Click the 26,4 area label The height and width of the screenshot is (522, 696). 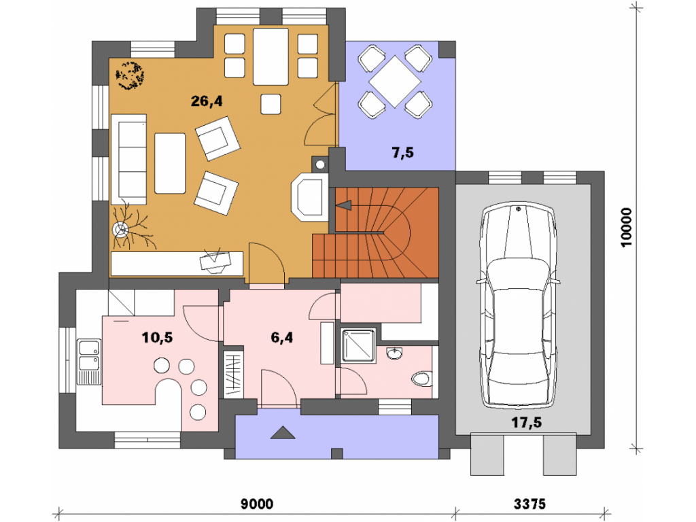(x=207, y=101)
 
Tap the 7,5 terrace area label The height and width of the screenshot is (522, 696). (x=402, y=153)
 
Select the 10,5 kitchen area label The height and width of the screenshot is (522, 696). (x=157, y=337)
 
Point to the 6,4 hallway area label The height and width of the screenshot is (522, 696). (x=282, y=337)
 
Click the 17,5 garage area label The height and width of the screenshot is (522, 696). (x=527, y=422)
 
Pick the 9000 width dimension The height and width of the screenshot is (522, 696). (x=257, y=504)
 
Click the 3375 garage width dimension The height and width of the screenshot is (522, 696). (x=529, y=504)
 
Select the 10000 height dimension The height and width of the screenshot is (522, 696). (x=626, y=227)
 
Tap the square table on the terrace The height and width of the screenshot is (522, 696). (x=395, y=82)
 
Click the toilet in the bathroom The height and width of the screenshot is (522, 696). (x=421, y=379)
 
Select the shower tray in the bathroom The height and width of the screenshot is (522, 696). (x=358, y=346)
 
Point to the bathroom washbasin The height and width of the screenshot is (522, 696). (x=394, y=353)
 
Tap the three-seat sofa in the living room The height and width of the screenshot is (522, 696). (x=128, y=159)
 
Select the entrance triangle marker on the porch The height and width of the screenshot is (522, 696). (x=283, y=432)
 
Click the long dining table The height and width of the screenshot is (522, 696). (x=271, y=56)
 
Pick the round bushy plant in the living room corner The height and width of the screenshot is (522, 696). (x=130, y=75)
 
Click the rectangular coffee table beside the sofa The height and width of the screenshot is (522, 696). (x=170, y=163)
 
